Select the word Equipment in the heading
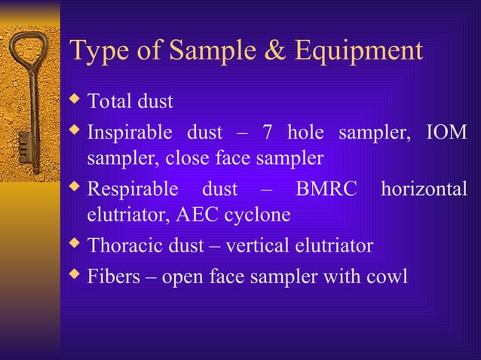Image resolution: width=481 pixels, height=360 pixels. pyautogui.click(x=357, y=52)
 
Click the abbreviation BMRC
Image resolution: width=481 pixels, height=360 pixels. pyautogui.click(x=326, y=189)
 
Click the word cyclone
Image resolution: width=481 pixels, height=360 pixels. pyautogui.click(x=257, y=216)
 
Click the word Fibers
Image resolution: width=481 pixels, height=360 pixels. pyautogui.click(x=113, y=276)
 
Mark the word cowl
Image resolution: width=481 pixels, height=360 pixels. pyautogui.click(x=387, y=276)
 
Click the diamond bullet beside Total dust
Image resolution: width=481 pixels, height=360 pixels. pyautogui.click(x=75, y=99)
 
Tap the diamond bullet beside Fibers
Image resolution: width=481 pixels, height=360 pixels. pyautogui.click(x=75, y=275)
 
